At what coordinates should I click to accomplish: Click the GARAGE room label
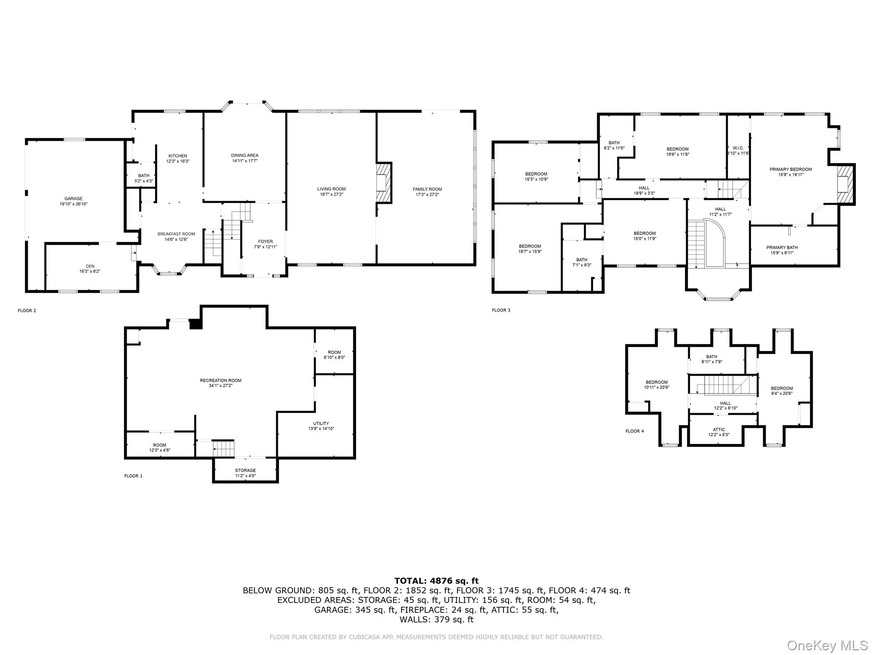(73, 199)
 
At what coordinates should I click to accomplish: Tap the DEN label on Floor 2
(90, 266)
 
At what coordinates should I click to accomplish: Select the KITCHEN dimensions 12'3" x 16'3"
(178, 162)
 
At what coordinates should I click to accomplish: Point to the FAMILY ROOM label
(427, 189)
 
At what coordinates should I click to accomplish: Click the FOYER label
(265, 242)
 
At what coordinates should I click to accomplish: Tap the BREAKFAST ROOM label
(176, 234)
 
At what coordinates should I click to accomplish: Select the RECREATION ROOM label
(220, 381)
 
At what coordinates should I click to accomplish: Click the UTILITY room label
(321, 423)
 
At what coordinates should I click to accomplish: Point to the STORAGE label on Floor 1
(245, 471)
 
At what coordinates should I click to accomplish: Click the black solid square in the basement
(196, 324)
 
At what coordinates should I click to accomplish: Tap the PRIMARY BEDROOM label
(790, 169)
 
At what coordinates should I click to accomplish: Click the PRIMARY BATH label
(782, 248)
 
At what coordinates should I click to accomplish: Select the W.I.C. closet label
(738, 148)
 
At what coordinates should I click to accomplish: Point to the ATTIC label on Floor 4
(719, 430)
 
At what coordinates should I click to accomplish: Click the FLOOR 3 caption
(501, 310)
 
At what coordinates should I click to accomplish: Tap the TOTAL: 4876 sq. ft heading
(436, 581)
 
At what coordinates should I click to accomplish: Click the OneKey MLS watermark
(827, 645)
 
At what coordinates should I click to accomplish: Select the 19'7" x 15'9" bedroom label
(530, 246)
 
